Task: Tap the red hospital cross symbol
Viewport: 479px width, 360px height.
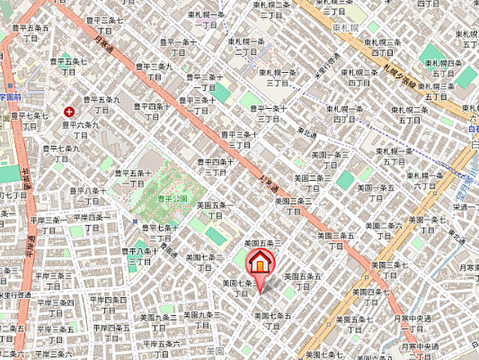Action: click(x=69, y=111)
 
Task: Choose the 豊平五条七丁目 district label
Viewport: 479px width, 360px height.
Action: click(x=70, y=66)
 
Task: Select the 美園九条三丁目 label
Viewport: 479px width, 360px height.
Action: click(x=159, y=322)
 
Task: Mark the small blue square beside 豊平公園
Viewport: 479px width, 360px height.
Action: click(x=134, y=223)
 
